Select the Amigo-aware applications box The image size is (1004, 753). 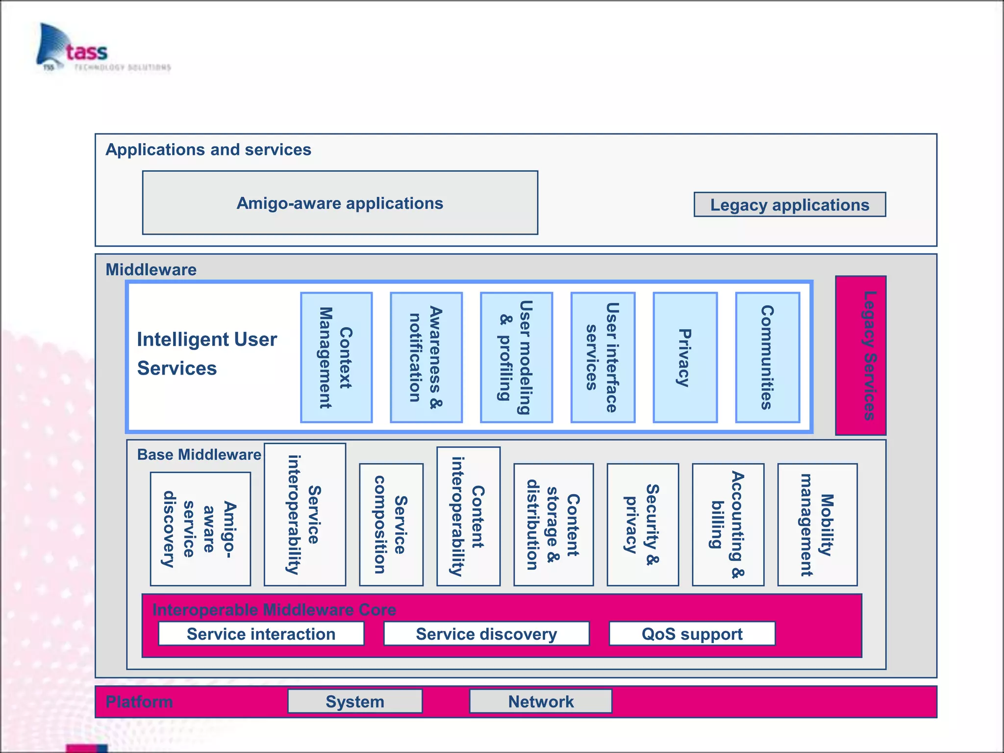click(340, 202)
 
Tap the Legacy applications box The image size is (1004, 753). click(789, 204)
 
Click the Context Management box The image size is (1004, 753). click(336, 357)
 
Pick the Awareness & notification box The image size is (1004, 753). click(426, 357)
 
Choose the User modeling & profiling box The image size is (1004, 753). click(516, 357)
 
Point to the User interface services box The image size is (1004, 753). click(602, 357)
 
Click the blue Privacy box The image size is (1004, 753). click(685, 357)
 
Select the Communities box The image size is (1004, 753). click(767, 357)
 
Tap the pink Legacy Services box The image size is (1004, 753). click(860, 355)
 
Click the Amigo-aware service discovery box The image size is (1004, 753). click(200, 529)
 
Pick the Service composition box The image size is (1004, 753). click(391, 525)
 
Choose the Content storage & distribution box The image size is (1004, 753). click(553, 525)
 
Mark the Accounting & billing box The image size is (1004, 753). click(728, 525)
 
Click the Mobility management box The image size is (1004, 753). click(817, 525)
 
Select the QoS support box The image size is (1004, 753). click(692, 634)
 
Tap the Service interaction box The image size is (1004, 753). click(261, 634)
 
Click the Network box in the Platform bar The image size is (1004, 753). click(540, 702)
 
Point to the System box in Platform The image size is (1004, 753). click(354, 702)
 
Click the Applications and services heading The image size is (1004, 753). click(208, 150)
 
